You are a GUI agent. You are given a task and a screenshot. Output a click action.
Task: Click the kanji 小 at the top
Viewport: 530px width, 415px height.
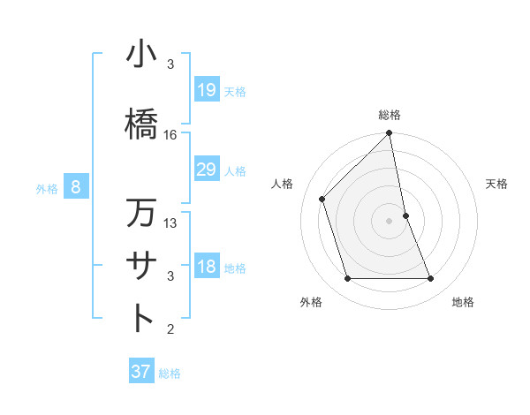[x=140, y=55]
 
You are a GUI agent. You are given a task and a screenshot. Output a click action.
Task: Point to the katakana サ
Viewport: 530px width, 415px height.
[x=140, y=265]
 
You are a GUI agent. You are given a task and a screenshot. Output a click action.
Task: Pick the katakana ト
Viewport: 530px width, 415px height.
[x=140, y=317]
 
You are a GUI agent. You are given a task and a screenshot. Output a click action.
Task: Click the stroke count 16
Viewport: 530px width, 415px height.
[x=170, y=135]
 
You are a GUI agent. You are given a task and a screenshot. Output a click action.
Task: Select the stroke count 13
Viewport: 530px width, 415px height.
[x=170, y=223]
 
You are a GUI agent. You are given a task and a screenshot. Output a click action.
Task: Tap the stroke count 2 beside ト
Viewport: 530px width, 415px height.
[x=170, y=329]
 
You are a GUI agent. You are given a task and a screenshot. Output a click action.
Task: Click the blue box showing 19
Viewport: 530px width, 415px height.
[x=206, y=89]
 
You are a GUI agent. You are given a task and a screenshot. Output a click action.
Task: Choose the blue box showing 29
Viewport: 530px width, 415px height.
[x=206, y=170]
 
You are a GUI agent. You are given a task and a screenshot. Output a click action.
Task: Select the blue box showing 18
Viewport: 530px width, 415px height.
[x=206, y=267]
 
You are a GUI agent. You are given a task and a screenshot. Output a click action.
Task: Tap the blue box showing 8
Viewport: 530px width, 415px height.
[x=76, y=187]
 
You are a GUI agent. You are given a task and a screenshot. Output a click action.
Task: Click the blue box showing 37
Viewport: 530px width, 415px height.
[x=140, y=372]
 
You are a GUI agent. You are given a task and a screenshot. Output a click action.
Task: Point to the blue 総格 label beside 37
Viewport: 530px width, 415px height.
[x=170, y=373]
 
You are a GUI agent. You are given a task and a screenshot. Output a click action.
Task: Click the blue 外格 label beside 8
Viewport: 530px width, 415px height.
[x=47, y=188]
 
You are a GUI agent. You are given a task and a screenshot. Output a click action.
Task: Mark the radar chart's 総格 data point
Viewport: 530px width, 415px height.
[x=389, y=133]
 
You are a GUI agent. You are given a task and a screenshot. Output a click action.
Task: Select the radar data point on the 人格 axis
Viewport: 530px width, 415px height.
[x=322, y=199]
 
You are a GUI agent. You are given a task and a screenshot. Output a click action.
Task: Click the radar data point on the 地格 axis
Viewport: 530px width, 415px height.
[x=430, y=278]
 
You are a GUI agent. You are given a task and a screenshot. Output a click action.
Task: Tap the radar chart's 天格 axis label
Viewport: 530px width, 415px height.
[x=497, y=184]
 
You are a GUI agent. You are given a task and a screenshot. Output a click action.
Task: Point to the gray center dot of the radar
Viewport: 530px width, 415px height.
[x=389, y=220]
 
